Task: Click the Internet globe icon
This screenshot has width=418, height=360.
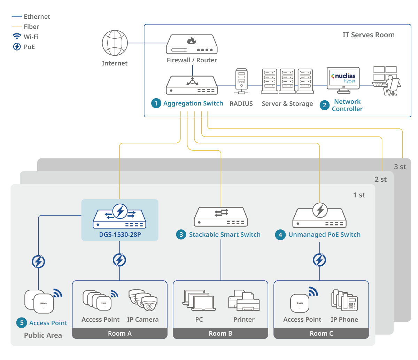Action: click(x=115, y=43)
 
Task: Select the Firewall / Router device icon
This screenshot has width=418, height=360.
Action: click(x=192, y=44)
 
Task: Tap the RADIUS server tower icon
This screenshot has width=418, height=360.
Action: click(x=241, y=81)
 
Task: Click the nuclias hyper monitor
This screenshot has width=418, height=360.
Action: click(x=343, y=80)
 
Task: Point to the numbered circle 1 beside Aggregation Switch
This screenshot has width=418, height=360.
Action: click(x=156, y=103)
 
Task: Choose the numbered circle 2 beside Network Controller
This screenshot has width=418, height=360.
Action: click(x=325, y=105)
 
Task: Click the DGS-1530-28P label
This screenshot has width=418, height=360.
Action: click(x=120, y=235)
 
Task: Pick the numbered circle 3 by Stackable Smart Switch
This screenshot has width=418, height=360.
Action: click(x=181, y=235)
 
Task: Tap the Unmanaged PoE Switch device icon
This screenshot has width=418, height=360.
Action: click(x=319, y=216)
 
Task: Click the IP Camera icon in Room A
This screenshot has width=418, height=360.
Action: click(x=143, y=300)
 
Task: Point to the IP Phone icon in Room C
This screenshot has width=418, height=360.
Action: click(x=345, y=300)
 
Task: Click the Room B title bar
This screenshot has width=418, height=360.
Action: click(x=220, y=334)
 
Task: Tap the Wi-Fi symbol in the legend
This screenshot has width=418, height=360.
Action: click(x=17, y=37)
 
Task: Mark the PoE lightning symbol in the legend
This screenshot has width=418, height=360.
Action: click(x=17, y=47)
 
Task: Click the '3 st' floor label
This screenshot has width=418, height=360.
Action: click(x=400, y=167)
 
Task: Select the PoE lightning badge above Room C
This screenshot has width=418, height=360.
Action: click(x=319, y=260)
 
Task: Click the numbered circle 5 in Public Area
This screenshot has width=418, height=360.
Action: click(x=22, y=323)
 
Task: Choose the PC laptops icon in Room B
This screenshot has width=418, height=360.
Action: click(x=199, y=300)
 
